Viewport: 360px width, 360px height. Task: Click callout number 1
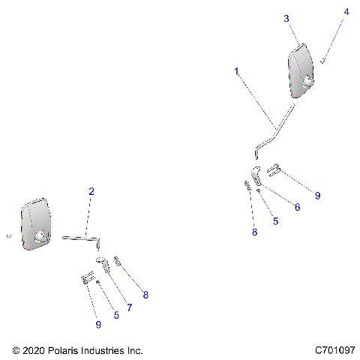pyautogui.click(x=236, y=71)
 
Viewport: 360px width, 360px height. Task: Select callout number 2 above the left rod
pyautogui.click(x=91, y=192)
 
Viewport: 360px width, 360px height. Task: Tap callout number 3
pyautogui.click(x=286, y=19)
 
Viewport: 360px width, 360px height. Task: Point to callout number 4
pyautogui.click(x=346, y=12)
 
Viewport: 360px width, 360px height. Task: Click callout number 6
pyautogui.click(x=297, y=207)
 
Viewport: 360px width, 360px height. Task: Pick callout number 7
pyautogui.click(x=128, y=307)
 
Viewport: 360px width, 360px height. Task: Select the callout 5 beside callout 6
pyautogui.click(x=275, y=221)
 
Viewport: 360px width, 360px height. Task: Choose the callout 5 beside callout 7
pyautogui.click(x=116, y=315)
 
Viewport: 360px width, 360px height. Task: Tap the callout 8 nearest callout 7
pyautogui.click(x=145, y=295)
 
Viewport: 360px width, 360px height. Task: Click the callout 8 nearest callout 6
pyautogui.click(x=254, y=232)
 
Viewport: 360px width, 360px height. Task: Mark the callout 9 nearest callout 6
pyautogui.click(x=317, y=196)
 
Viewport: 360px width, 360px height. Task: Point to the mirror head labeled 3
pyautogui.click(x=301, y=70)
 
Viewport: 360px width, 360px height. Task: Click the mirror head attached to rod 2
pyautogui.click(x=35, y=225)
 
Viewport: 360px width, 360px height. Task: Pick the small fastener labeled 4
pyautogui.click(x=323, y=61)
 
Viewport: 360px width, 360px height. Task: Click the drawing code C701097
pyautogui.click(x=334, y=350)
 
